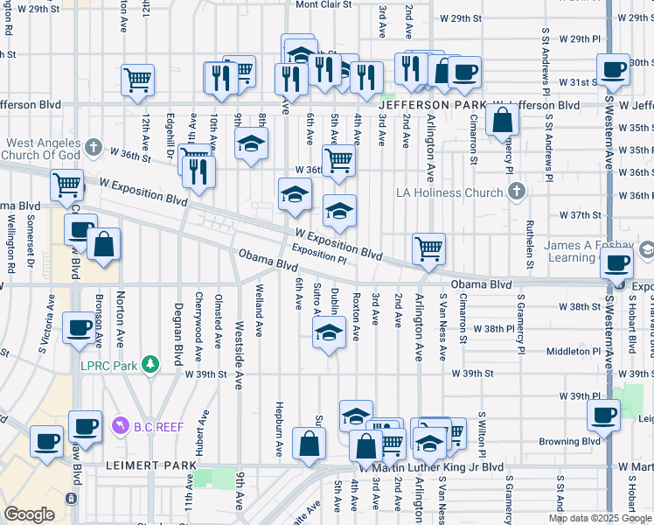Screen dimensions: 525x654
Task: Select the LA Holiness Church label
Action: coord(451,192)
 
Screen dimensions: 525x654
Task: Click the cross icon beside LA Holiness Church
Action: coord(518,191)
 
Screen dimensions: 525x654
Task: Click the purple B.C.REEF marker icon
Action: coord(120,426)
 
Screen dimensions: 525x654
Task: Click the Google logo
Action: coord(29,514)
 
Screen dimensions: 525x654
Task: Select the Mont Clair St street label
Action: coord(324,4)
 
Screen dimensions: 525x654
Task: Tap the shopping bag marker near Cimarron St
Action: coord(503,121)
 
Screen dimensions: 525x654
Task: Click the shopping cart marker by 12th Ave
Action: coord(138,80)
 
